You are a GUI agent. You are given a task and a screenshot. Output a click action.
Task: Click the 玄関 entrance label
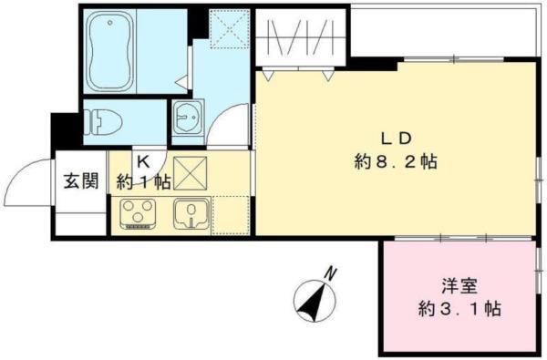click(x=79, y=180)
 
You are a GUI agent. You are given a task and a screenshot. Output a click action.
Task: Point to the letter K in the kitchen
click(x=143, y=158)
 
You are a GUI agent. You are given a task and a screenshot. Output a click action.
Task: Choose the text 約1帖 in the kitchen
click(x=143, y=180)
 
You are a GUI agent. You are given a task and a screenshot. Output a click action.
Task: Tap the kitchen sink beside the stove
click(x=191, y=215)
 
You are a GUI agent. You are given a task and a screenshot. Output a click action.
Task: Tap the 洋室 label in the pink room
click(x=459, y=283)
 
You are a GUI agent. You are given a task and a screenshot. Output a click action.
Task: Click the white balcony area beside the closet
click(x=444, y=32)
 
